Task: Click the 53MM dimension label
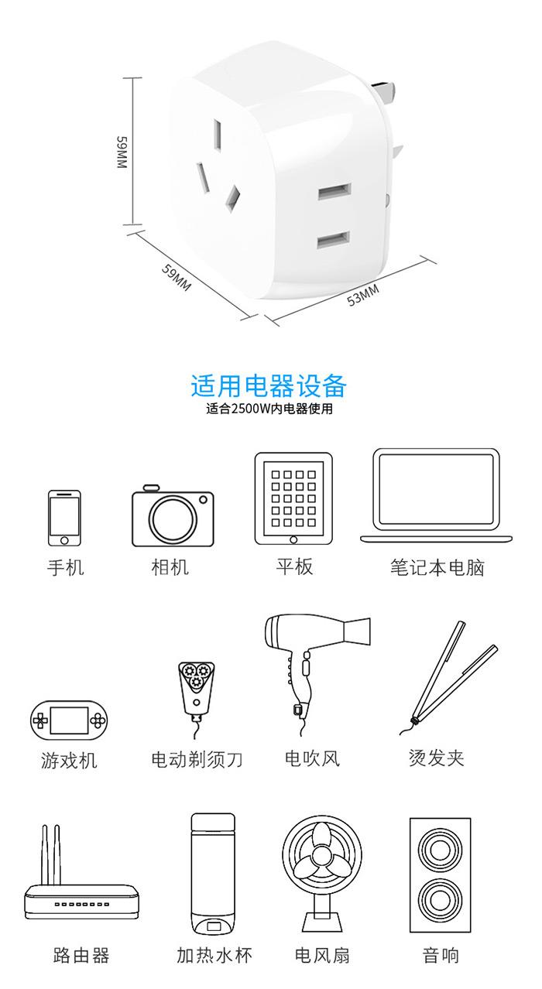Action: (x=362, y=295)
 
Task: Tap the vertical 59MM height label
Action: (x=122, y=152)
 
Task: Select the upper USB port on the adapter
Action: (x=334, y=192)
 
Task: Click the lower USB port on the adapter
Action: (x=334, y=241)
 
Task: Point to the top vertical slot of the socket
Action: (x=218, y=135)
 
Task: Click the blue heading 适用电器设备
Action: (x=269, y=385)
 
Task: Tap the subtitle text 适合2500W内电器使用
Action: (x=269, y=409)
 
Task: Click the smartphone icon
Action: (x=64, y=518)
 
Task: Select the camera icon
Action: (x=173, y=515)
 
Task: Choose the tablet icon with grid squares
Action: (x=293, y=498)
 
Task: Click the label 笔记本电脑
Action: (x=437, y=567)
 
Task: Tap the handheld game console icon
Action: (x=69, y=720)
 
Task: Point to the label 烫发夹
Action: (x=437, y=758)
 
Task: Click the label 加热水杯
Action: (x=214, y=955)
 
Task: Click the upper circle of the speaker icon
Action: (x=440, y=850)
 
